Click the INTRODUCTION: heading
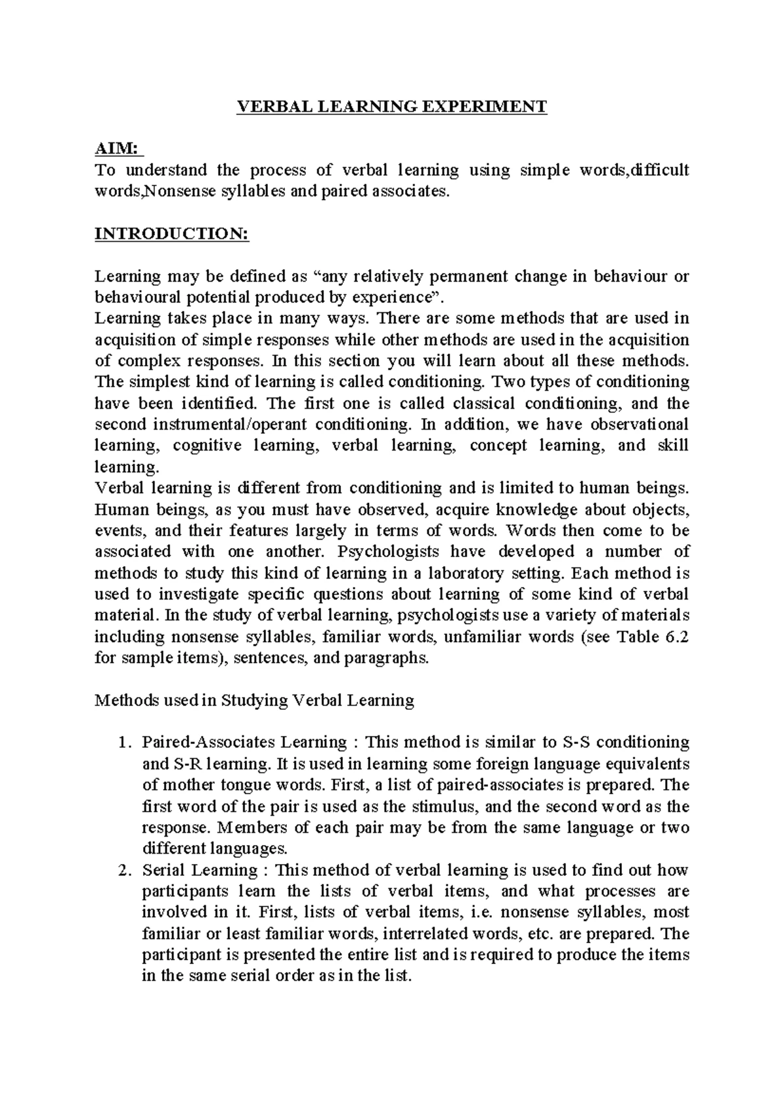click(172, 234)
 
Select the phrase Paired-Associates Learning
click(245, 743)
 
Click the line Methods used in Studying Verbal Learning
click(255, 701)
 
